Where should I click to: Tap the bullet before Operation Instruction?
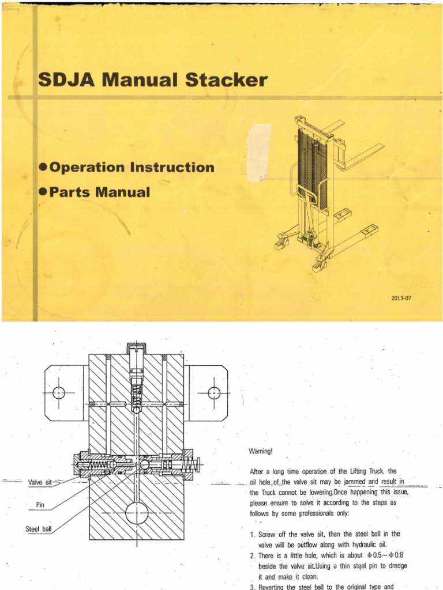[x=42, y=168]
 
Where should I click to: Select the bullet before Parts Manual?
[x=42, y=192]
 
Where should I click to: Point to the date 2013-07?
[x=401, y=298]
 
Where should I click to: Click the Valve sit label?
[x=40, y=481]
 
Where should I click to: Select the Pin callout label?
[x=40, y=505]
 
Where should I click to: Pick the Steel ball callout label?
[x=39, y=528]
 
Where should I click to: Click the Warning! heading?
[x=261, y=451]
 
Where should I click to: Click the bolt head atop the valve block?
[x=137, y=349]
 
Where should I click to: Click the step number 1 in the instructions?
[x=253, y=534]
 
